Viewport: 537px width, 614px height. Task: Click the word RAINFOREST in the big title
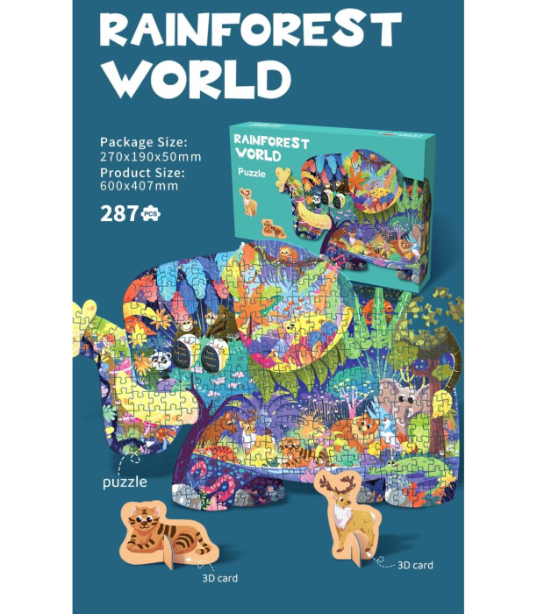(x=250, y=32)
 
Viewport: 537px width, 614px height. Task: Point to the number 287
(x=119, y=213)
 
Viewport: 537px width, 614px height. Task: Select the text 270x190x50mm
(x=150, y=157)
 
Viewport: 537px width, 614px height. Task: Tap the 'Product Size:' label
(x=142, y=172)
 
